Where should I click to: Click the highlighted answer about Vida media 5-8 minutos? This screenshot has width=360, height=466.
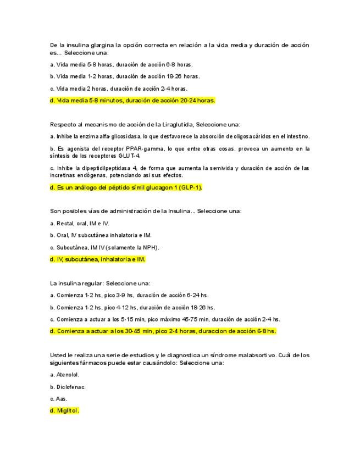pyautogui.click(x=132, y=101)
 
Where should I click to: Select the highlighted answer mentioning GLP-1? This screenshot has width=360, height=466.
pyautogui.click(x=126, y=188)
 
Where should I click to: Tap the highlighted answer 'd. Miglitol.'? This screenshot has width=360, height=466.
pyautogui.click(x=65, y=410)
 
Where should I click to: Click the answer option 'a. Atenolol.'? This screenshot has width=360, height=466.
pyautogui.click(x=64, y=375)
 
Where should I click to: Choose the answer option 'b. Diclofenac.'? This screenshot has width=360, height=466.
pyautogui.click(x=68, y=387)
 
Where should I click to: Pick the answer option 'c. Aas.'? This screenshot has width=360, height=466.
pyautogui.click(x=58, y=399)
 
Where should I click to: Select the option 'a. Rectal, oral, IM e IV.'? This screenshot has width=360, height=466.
pyautogui.click(x=80, y=224)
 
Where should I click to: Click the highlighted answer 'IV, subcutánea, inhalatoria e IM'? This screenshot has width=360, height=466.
pyautogui.click(x=97, y=259)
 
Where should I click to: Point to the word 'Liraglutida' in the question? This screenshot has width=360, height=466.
pyautogui.click(x=175, y=124)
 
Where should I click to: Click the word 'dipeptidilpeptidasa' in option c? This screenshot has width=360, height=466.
pyautogui.click(x=102, y=168)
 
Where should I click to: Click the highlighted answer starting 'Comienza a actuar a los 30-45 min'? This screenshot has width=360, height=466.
pyautogui.click(x=163, y=331)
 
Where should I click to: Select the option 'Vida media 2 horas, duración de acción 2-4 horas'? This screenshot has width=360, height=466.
pyautogui.click(x=118, y=88)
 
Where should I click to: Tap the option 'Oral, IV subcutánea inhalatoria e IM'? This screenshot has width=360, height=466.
pyautogui.click(x=101, y=235)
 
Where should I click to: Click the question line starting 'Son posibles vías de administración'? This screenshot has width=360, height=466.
pyautogui.click(x=146, y=211)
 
